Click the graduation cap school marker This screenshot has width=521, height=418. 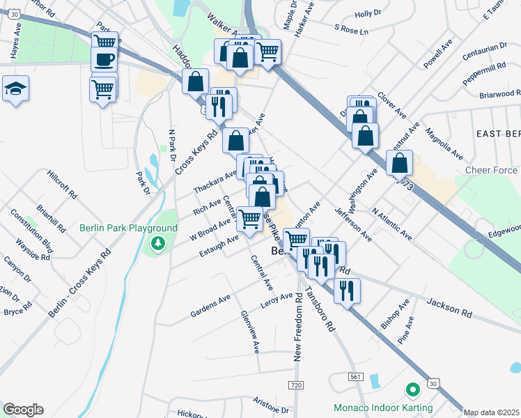15,88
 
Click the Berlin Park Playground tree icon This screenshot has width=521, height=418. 158,243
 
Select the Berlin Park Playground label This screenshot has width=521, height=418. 128,228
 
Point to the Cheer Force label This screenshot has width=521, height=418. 492,170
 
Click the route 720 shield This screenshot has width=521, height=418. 297,385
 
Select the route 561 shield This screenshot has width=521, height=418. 356,376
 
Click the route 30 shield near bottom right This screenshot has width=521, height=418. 433,383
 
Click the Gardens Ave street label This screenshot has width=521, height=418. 210,307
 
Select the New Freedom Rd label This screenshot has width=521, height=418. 298,326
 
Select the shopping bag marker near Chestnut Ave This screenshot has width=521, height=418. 399,164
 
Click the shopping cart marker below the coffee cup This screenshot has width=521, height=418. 103,88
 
